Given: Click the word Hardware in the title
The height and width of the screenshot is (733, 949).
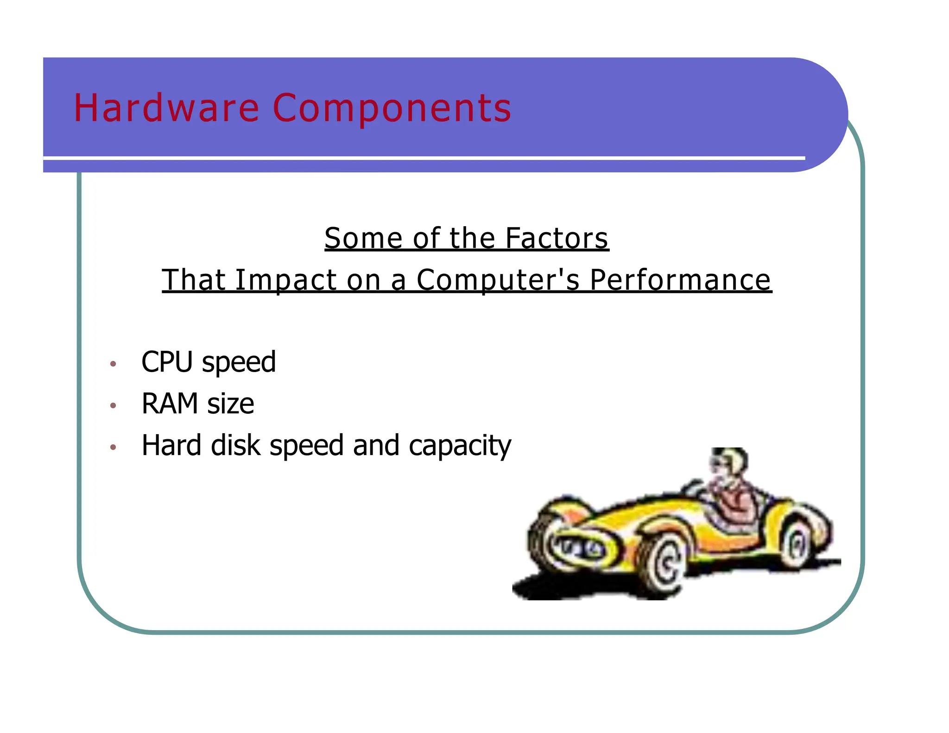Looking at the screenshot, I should click(166, 108).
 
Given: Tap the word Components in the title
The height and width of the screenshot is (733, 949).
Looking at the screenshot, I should click(392, 109).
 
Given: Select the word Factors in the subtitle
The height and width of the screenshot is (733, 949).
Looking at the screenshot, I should click(557, 238).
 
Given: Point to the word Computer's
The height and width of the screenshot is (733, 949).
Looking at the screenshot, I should click(498, 280).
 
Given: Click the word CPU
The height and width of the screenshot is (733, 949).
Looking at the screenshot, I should click(167, 362).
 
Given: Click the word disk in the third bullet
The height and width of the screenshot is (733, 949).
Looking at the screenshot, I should click(235, 445).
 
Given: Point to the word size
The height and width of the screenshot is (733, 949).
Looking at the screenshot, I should click(230, 404).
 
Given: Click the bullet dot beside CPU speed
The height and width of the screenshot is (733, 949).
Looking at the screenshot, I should click(113, 364).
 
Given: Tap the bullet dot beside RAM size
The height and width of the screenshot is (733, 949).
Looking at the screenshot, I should click(113, 405).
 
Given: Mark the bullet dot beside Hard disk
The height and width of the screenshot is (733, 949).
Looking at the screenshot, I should click(113, 447).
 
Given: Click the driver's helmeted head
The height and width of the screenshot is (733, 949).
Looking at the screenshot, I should click(729, 461).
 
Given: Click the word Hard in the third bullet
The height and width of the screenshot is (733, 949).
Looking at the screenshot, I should click(171, 445).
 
